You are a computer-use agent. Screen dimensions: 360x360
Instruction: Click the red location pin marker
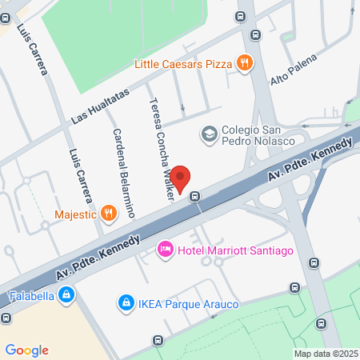(181, 178)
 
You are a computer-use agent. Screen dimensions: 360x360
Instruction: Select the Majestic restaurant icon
(109, 213)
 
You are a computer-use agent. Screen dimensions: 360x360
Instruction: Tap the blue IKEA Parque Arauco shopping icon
(125, 302)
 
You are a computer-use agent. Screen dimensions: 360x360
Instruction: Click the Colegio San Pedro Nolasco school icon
(209, 134)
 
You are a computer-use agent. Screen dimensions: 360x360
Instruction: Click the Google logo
(26, 350)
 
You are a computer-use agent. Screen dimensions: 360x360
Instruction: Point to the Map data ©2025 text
(325, 354)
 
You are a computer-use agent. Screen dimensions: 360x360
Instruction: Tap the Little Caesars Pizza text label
(183, 62)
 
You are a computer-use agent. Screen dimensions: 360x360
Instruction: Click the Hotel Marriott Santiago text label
(235, 251)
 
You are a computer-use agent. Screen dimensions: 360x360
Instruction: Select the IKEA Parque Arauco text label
(184, 302)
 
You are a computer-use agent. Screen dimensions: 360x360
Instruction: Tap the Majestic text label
(75, 214)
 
